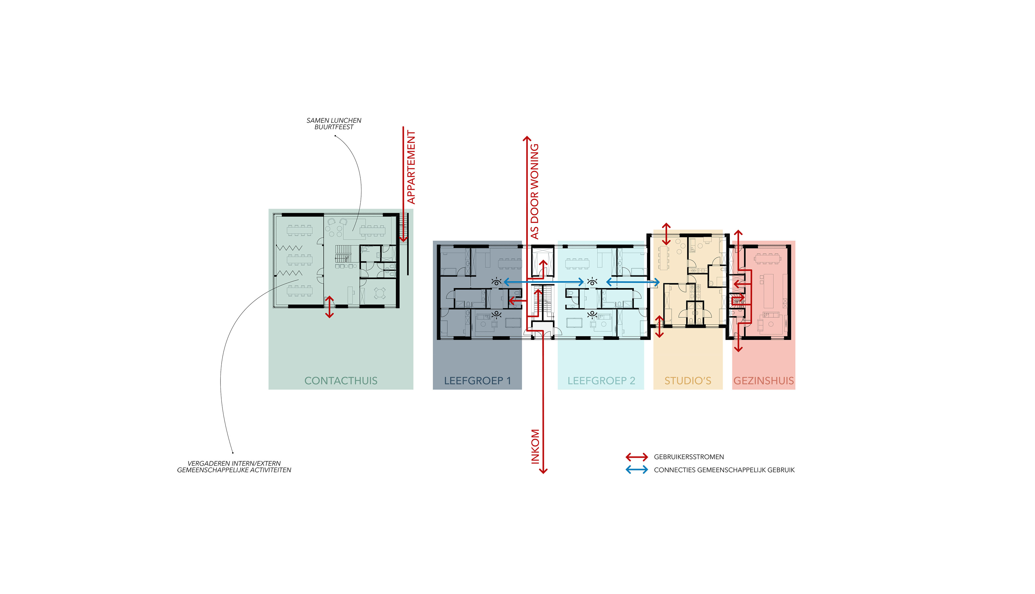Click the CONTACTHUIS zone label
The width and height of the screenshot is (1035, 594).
[341, 381]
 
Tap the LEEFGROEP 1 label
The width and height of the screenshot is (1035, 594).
[477, 381]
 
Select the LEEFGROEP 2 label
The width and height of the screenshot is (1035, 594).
[601, 381]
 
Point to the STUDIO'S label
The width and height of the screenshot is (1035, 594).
[688, 381]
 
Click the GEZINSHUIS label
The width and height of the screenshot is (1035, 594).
[763, 381]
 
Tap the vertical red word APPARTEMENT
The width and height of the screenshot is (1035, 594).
[411, 167]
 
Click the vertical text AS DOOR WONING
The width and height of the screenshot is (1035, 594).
[534, 191]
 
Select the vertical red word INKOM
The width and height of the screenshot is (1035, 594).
[535, 446]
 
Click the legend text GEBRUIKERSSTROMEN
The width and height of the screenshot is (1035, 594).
[689, 457]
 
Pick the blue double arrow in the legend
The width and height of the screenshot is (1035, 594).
[637, 470]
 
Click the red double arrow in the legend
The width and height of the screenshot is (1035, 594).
[637, 457]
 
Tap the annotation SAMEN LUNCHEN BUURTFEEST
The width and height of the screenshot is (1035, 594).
[334, 123]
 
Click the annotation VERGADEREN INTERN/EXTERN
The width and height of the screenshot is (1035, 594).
[234, 463]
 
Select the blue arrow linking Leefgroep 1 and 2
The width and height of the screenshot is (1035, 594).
[544, 282]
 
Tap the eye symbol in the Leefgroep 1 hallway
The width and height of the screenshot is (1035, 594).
[496, 281]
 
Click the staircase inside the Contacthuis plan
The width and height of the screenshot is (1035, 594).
[343, 254]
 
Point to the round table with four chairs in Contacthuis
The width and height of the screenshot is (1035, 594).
[380, 293]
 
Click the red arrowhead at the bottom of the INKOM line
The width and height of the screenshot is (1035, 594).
[543, 471]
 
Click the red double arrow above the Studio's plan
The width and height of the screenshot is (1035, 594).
[666, 234]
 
